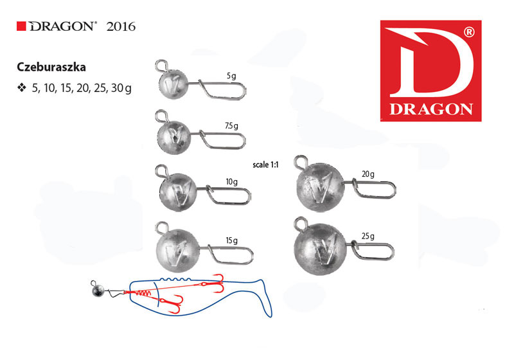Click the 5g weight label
[x=231, y=76]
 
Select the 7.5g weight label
[x=231, y=126]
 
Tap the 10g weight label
[x=231, y=182]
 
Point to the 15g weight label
[x=231, y=241]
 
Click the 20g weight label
[x=368, y=174]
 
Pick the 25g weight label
[x=368, y=237]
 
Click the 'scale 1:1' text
[x=265, y=165]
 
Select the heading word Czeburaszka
[x=51, y=67]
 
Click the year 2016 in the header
[x=121, y=26]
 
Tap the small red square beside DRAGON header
[x=21, y=26]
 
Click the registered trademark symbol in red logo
[x=469, y=32]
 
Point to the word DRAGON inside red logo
[x=430, y=109]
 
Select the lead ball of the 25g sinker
[x=320, y=249]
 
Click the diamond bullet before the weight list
[x=22, y=88]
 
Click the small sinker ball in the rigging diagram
[x=98, y=291]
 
